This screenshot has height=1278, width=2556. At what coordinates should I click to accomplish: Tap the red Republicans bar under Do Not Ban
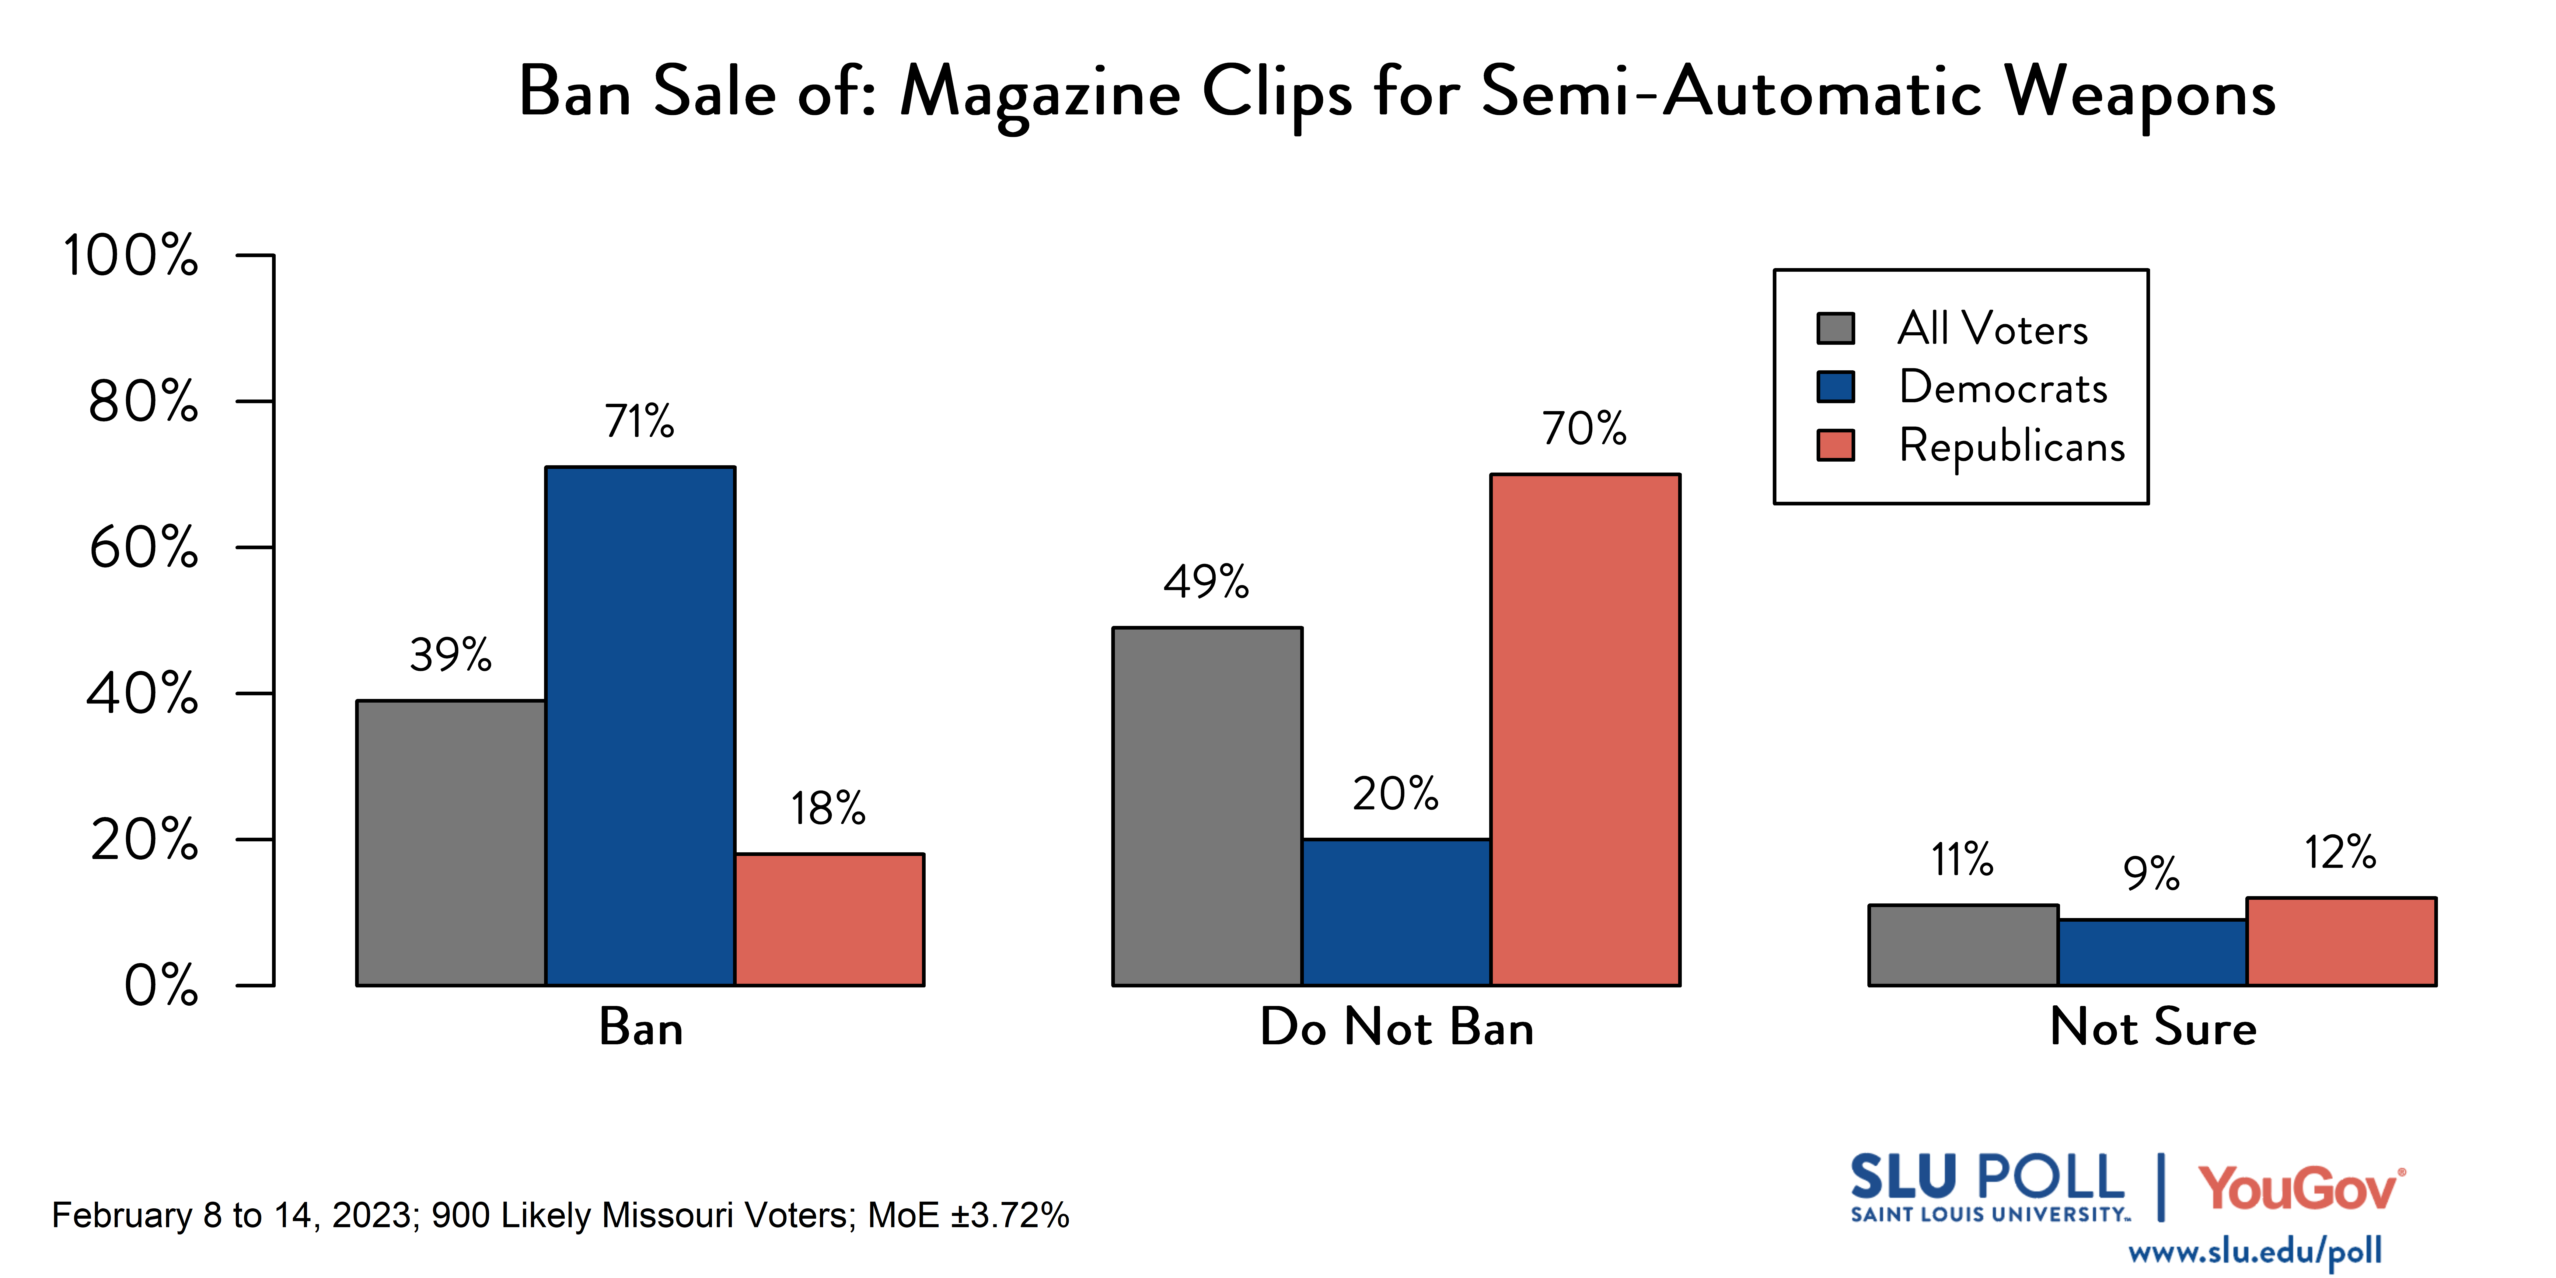point(1585,729)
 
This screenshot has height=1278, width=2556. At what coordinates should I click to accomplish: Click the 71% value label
point(640,422)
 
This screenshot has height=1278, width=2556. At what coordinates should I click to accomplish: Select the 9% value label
point(2151,874)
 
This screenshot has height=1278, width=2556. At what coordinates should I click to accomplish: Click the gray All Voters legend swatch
point(1836,328)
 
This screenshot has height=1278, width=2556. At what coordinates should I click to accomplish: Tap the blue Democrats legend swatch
point(1836,387)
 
